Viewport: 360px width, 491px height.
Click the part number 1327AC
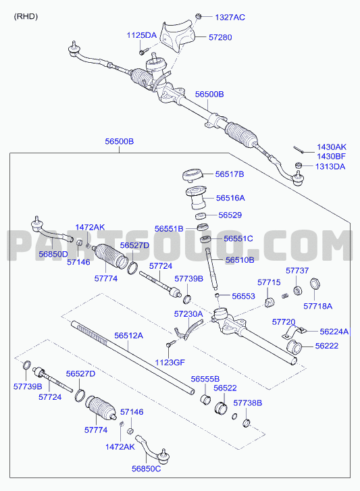tap(230, 18)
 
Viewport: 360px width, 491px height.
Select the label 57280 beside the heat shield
tap(220, 38)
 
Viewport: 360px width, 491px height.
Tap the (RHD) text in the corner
tap(26, 17)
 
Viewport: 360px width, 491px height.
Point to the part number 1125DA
tap(141, 35)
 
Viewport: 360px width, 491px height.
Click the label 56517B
tap(230, 174)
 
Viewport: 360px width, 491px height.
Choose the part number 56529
tap(230, 215)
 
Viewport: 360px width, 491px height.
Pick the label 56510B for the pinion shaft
tap(240, 260)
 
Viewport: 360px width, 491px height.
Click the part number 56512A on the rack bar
tap(128, 336)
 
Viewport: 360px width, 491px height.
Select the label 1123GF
tap(170, 363)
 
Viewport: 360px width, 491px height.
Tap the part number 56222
tap(327, 346)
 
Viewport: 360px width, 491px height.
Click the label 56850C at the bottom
tap(146, 469)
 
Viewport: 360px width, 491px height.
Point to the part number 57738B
tap(248, 403)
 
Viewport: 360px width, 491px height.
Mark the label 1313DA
tap(330, 167)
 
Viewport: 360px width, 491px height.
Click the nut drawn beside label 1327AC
tap(198, 16)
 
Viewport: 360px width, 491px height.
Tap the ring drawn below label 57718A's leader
tap(315, 284)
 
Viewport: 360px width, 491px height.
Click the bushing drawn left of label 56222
tap(294, 346)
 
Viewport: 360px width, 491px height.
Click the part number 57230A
tap(188, 314)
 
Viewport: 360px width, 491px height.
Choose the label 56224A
tap(334, 332)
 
